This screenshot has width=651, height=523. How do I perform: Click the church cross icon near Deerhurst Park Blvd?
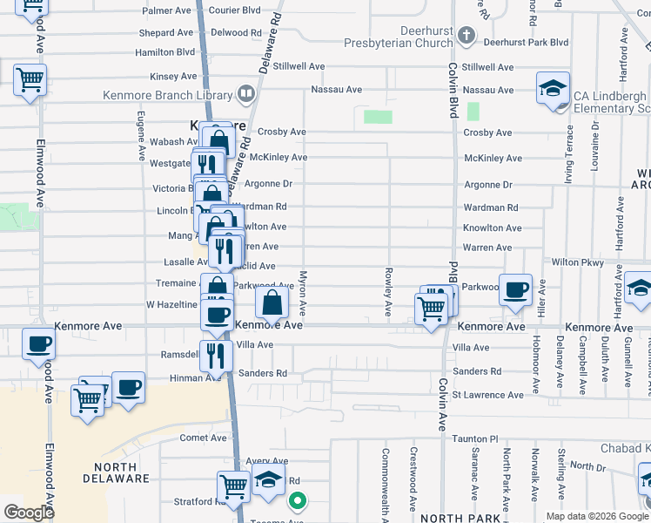[466, 36]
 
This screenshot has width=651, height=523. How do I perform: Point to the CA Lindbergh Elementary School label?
[610, 102]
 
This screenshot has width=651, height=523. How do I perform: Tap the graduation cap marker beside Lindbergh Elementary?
[553, 89]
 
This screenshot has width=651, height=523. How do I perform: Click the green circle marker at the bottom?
[298, 501]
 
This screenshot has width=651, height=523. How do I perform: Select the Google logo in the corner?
[30, 512]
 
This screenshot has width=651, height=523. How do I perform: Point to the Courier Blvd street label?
[233, 10]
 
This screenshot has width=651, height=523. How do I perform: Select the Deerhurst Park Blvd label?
[527, 42]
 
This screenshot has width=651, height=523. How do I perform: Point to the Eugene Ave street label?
[141, 135]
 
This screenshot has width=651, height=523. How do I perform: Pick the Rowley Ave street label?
[388, 292]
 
